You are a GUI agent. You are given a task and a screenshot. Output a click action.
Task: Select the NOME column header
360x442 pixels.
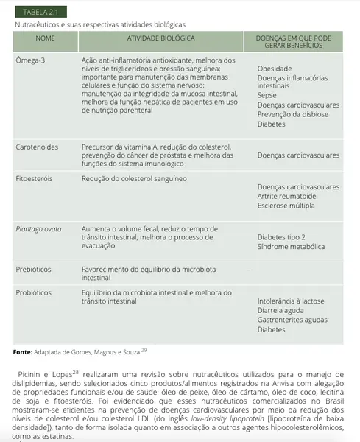click(44, 36)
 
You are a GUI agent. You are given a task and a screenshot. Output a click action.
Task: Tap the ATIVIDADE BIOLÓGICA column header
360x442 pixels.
click(160, 36)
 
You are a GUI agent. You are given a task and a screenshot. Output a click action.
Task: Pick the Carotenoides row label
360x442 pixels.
click(37, 147)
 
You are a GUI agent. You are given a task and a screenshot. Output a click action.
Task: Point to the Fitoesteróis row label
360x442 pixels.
click(34, 178)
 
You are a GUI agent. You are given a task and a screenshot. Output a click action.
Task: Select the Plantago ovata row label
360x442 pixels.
click(38, 229)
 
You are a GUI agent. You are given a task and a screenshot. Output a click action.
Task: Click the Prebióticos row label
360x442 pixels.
click(35, 270)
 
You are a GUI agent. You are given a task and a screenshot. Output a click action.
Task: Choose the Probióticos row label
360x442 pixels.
click(35, 292)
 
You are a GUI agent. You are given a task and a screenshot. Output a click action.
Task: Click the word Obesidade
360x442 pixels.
click(275, 69)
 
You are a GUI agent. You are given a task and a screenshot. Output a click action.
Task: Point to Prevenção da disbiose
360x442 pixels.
click(294, 114)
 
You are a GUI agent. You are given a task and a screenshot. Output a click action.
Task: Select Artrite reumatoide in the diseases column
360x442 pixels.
click(286, 197)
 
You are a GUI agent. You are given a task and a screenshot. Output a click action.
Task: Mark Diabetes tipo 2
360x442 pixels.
click(281, 237)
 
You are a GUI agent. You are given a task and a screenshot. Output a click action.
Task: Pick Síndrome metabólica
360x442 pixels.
click(291, 247)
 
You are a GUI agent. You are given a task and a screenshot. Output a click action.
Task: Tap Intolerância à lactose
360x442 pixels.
click(291, 301)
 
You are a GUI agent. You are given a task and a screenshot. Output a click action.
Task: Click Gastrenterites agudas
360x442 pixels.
click(292, 320)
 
